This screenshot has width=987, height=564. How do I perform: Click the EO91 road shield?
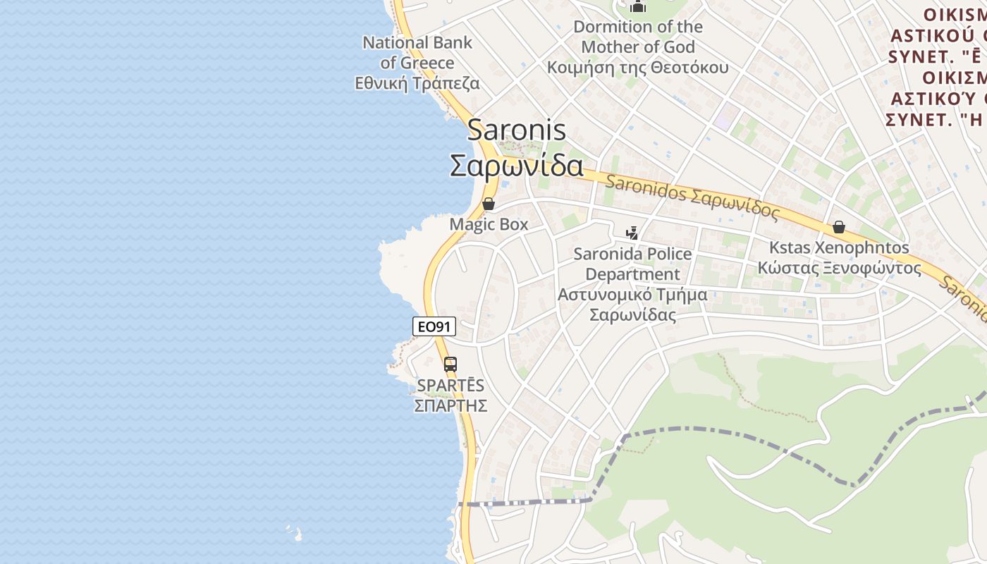tap(434, 326)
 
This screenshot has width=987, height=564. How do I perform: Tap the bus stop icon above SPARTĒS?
tap(450, 364)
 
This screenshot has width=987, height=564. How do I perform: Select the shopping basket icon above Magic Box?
tap(488, 204)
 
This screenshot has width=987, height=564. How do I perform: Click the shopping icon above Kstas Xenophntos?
tap(839, 227)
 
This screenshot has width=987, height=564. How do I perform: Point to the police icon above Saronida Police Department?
tap(632, 233)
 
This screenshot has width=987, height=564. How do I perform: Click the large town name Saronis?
tap(517, 130)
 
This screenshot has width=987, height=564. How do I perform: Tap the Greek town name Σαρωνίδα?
tap(517, 166)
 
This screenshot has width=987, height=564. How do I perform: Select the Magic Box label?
tap(489, 224)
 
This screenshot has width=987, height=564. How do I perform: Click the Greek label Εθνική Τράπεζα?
tap(417, 83)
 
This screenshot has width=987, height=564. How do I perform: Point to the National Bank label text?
tap(417, 42)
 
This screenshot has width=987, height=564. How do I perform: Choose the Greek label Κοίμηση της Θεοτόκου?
tap(638, 68)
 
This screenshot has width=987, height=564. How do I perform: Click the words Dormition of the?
tap(638, 27)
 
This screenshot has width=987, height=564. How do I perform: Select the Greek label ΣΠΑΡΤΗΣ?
tap(450, 405)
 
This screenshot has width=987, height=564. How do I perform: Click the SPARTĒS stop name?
tap(450, 386)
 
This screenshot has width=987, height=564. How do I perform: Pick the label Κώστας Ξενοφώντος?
tap(839, 268)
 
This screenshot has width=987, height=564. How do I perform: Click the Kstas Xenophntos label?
tap(839, 248)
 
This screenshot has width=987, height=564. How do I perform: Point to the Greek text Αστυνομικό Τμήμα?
tap(632, 295)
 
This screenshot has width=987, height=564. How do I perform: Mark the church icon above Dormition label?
tap(638, 6)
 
